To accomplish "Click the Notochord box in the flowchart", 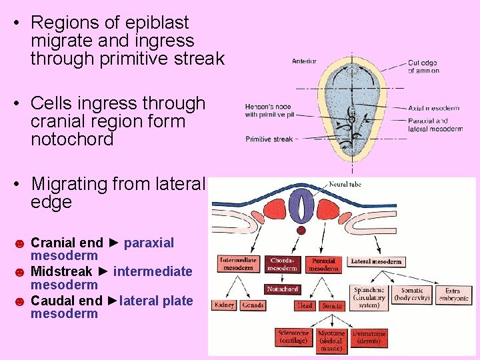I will coord(283,289).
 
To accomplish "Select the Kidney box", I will coord(225,305).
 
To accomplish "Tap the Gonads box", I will coord(253,305).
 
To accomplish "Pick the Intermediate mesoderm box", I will coord(238,264).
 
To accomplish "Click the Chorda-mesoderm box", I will coord(283,264).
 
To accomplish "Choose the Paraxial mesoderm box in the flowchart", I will coord(323,264).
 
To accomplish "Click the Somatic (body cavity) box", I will coord(412,295).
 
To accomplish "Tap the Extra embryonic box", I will coord(453,295).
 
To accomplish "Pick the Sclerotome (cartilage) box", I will coord(294,337).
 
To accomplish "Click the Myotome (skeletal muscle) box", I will coord(331,340).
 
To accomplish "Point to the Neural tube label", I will coord(345,185).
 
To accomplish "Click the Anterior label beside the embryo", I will coord(304,61).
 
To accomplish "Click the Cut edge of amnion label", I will coord(423,67).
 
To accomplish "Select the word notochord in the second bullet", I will coord(72,140).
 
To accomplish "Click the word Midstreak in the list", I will coord(61,271).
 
